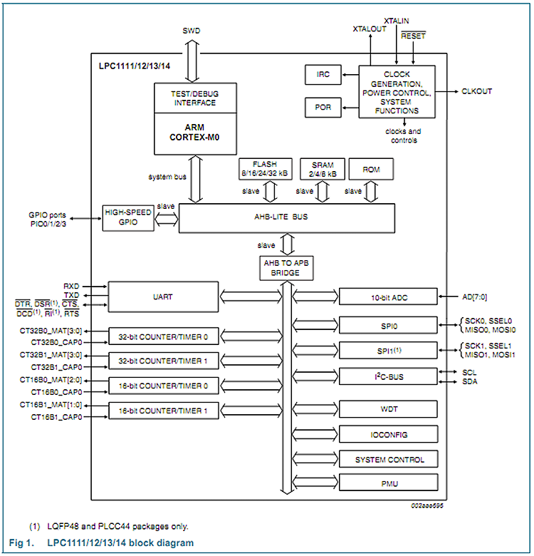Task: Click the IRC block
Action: pos(323,74)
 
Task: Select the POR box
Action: pos(323,108)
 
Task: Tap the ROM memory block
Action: pos(371,170)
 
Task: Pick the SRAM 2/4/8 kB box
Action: pos(323,169)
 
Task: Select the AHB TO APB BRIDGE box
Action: pos(286,269)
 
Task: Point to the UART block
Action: pos(162,296)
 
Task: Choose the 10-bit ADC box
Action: pos(387,296)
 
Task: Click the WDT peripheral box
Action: pos(387,408)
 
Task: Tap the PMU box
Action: pos(387,483)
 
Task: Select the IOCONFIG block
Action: pos(387,434)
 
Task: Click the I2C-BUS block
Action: pos(387,376)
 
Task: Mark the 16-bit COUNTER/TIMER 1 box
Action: pos(162,411)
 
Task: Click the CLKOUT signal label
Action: pos(476,91)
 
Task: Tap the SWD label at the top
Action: pos(192,31)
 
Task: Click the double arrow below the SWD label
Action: pos(192,61)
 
